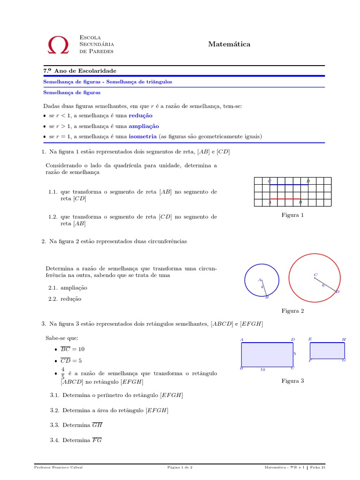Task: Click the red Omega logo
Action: [58, 45]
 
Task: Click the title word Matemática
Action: [229, 44]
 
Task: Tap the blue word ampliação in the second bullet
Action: [144, 126]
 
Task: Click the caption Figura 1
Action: [292, 215]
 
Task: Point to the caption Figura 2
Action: [292, 311]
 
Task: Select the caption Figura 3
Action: [292, 381]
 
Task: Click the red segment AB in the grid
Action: [285, 199]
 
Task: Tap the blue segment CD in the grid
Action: [289, 185]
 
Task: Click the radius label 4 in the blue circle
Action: [262, 287]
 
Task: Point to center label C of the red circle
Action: [315, 275]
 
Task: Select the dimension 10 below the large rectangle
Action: [263, 370]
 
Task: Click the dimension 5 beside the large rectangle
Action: [294, 354]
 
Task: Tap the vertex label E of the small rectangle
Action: [310, 339]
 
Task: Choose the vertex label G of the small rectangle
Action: [344, 360]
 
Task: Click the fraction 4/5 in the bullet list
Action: [63, 373]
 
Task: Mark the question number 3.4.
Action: [55, 440]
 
